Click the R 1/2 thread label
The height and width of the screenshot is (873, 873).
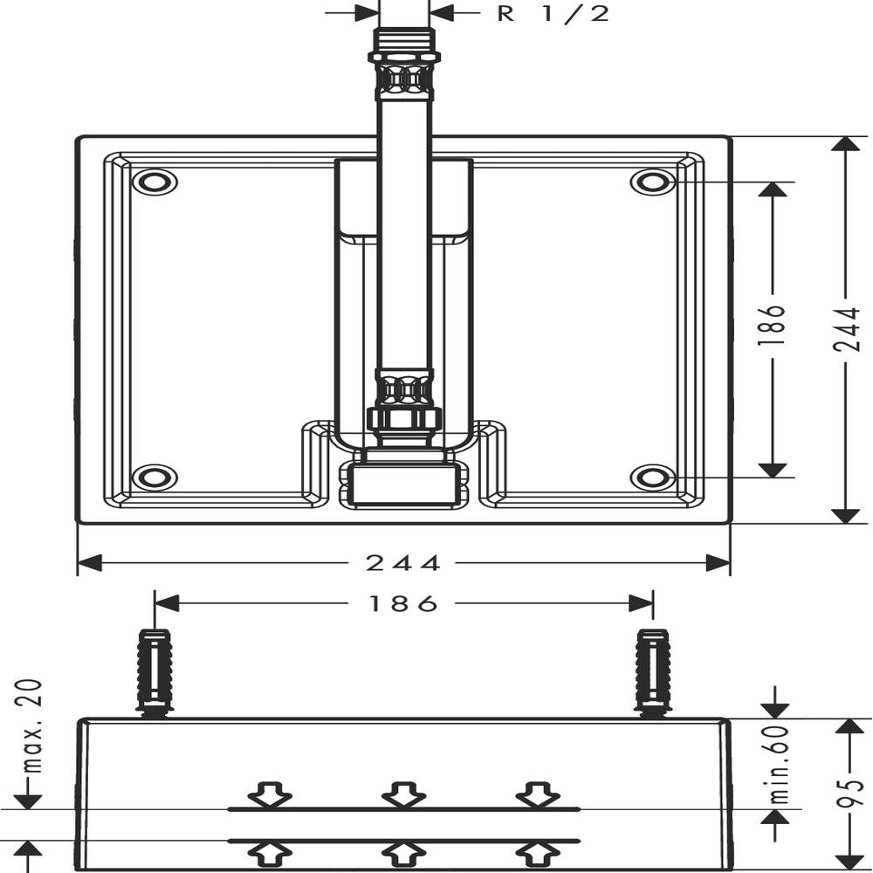tap(553, 13)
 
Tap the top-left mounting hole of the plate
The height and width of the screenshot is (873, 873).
tap(155, 182)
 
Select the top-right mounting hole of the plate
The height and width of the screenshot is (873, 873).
tap(653, 182)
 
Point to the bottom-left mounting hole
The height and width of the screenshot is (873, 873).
tap(155, 478)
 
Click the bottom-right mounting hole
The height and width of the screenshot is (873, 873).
tap(653, 478)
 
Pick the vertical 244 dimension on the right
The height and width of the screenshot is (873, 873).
tap(847, 329)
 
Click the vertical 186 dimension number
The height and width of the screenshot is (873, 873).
tap(773, 325)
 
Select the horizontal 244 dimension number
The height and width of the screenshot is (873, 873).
tap(402, 563)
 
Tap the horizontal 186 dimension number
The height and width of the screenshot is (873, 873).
tap(403, 603)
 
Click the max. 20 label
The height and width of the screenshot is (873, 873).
tap(32, 726)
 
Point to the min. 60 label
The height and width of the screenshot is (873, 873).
tap(780, 764)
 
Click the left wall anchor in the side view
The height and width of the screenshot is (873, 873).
tap(155, 672)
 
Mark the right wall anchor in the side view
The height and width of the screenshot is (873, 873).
tap(653, 672)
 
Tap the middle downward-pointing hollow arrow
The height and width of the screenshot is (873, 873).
tap(403, 794)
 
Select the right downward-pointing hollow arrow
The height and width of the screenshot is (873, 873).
tap(538, 794)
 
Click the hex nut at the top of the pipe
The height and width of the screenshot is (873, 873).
tap(404, 56)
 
